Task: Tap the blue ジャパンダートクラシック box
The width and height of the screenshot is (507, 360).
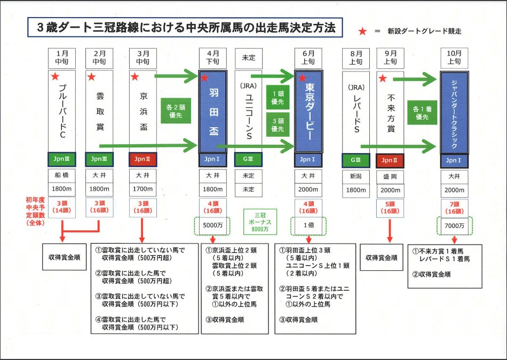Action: [454, 112]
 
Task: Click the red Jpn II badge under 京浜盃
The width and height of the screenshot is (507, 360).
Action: [144, 159]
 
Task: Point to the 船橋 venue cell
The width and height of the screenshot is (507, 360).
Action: [62, 175]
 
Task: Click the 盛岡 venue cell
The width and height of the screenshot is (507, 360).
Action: [390, 175]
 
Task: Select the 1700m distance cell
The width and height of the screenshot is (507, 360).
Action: [144, 189]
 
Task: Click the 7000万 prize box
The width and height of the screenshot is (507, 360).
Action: [454, 226]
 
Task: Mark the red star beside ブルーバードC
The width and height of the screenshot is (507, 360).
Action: [54, 77]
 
